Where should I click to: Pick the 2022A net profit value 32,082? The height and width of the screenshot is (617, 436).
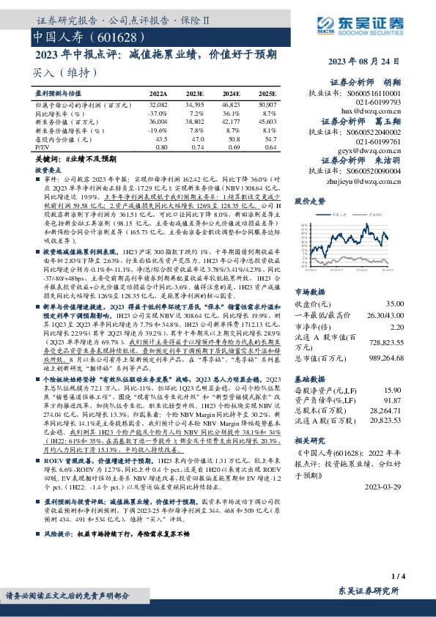pyautogui.click(x=158, y=106)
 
